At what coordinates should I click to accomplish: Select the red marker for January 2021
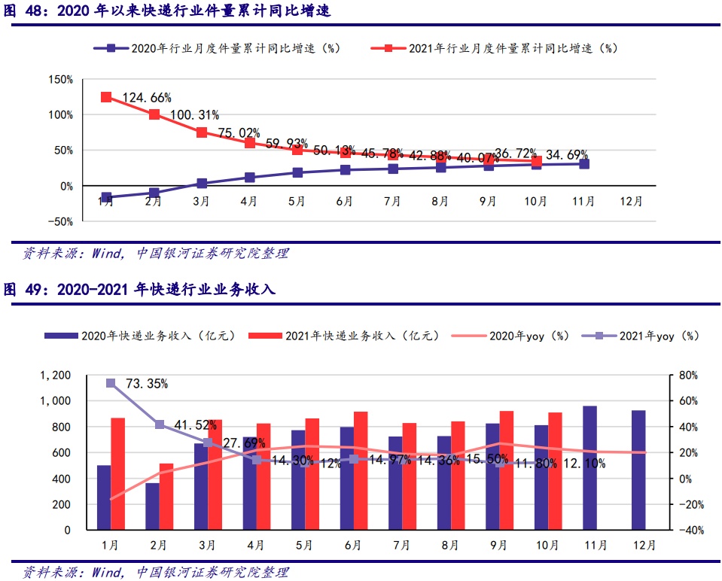pos(106,97)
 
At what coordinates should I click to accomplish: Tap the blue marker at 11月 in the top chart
pos(584,163)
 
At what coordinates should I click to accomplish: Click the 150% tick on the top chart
pos(59,79)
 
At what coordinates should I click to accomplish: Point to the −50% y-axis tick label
pos(59,222)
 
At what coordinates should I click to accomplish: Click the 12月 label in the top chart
pos(631,201)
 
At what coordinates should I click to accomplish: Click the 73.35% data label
pos(146,384)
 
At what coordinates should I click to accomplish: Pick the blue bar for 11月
pos(589,467)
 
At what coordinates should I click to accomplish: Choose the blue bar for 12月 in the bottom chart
pos(638,470)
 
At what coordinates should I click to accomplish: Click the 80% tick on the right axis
pos(688,376)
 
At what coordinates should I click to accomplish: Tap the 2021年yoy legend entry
pos(647,336)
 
